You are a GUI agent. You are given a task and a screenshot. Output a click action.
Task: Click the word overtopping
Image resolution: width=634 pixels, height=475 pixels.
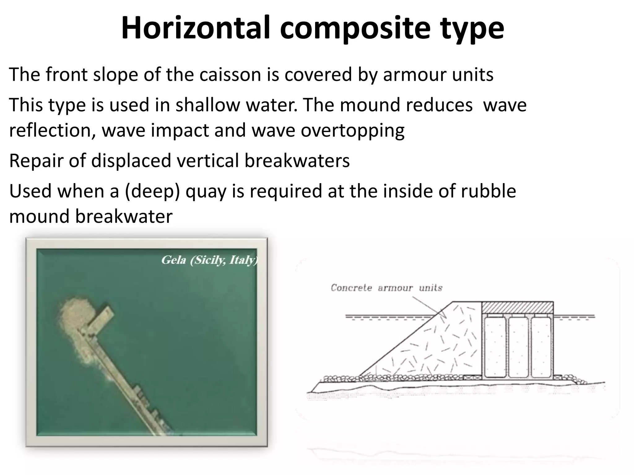pos(353,130)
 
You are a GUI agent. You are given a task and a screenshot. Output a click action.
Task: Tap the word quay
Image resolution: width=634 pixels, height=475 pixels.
pos(206,191)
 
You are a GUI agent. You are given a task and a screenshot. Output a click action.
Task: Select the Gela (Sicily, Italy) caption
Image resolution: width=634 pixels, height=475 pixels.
pos(209,260)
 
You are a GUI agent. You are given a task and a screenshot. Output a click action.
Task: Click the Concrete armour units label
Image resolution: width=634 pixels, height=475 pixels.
pos(386,288)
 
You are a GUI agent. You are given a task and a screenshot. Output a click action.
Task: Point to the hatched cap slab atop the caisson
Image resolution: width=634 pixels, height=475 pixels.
pos(517,307)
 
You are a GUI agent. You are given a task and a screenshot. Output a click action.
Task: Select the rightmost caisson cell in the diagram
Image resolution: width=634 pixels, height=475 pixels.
pos(541,347)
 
